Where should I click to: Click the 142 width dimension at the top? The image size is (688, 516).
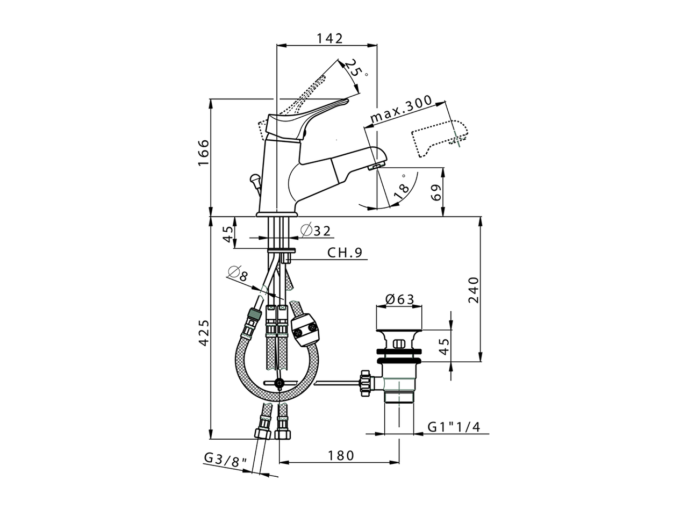click(329, 38)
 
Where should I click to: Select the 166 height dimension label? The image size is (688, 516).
click(203, 153)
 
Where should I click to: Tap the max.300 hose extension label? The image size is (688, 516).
click(401, 110)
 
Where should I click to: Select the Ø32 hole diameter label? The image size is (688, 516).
click(316, 231)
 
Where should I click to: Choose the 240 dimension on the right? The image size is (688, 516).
click(474, 290)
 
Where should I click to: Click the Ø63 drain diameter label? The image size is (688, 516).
click(400, 299)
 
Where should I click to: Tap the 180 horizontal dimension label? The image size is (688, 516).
click(341, 456)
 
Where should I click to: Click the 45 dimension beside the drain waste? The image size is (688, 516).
click(443, 347)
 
